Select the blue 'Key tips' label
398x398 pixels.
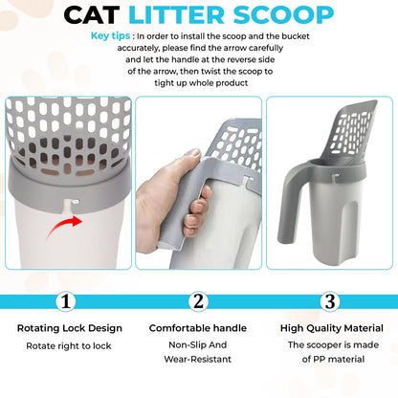point(113,36)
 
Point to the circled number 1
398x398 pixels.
point(65,300)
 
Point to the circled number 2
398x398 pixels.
point(198,300)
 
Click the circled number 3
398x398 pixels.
point(329,300)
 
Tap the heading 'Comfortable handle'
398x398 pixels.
point(198,328)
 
